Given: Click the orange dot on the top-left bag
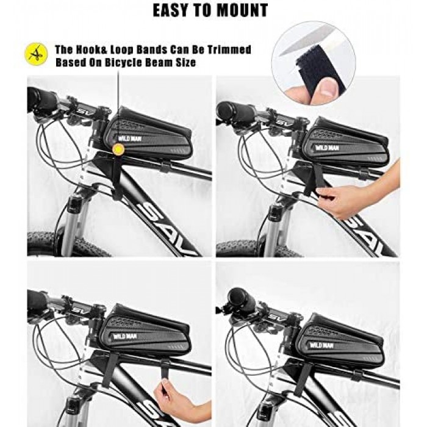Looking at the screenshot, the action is click(x=118, y=149).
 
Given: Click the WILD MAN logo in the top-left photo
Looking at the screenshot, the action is click(x=129, y=139).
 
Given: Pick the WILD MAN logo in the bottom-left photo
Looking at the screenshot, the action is click(x=123, y=337).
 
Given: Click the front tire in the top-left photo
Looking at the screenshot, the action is click(x=68, y=244).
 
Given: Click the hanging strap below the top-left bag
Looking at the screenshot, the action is click(x=117, y=177).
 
